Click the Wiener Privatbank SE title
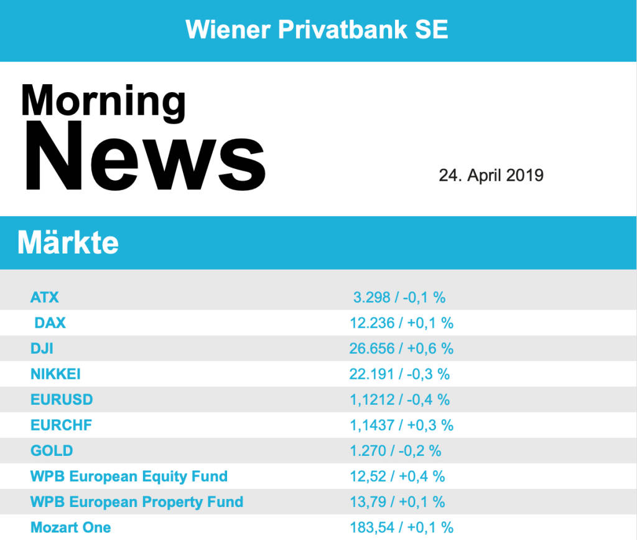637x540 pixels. (317, 29)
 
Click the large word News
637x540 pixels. (145, 157)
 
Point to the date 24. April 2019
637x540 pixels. (491, 175)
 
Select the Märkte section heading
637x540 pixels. (68, 242)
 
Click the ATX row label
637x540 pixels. (45, 297)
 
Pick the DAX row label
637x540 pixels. (50, 323)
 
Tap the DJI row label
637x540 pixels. (42, 348)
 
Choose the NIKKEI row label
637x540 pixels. (55, 374)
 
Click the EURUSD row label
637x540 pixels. (62, 399)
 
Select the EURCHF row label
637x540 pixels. (61, 425)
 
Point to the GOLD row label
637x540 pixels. (52, 450)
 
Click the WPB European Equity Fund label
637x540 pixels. (129, 476)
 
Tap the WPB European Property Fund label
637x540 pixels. (137, 502)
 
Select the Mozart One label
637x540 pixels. (71, 528)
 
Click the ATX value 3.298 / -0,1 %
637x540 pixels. (399, 297)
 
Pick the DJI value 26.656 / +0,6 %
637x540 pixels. (401, 348)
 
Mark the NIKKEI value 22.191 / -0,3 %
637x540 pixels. (399, 374)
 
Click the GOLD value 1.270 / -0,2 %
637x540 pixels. (396, 450)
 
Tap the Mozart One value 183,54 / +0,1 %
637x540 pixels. (401, 528)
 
